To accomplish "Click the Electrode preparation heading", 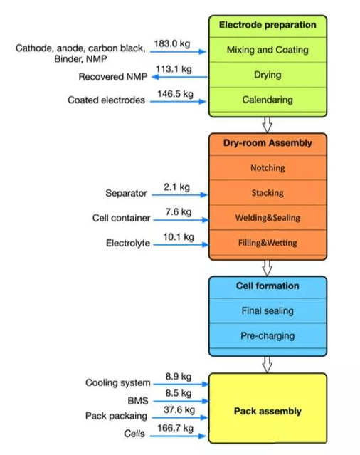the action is [268, 25].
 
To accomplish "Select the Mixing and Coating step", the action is [268, 50].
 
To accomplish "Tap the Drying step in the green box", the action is [268, 75].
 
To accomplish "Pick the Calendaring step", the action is [268, 100].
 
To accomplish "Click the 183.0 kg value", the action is [172, 43].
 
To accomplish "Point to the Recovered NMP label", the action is [113, 77].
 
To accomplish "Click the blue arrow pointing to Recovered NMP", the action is [180, 77].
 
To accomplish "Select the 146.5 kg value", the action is [175, 94].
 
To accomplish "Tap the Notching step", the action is [268, 168].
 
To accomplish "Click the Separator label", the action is [126, 193].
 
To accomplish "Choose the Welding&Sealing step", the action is [268, 218].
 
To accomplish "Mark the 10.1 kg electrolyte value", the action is [179, 237].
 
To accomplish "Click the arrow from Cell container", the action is [181, 220].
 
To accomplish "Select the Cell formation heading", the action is [268, 286].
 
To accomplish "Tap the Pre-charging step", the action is [268, 336].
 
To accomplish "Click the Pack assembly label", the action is [268, 411].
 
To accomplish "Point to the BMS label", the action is [138, 401].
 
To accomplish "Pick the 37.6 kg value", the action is [179, 409].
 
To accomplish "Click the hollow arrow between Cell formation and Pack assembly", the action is [267, 365].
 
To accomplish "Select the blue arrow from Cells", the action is [178, 436].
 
